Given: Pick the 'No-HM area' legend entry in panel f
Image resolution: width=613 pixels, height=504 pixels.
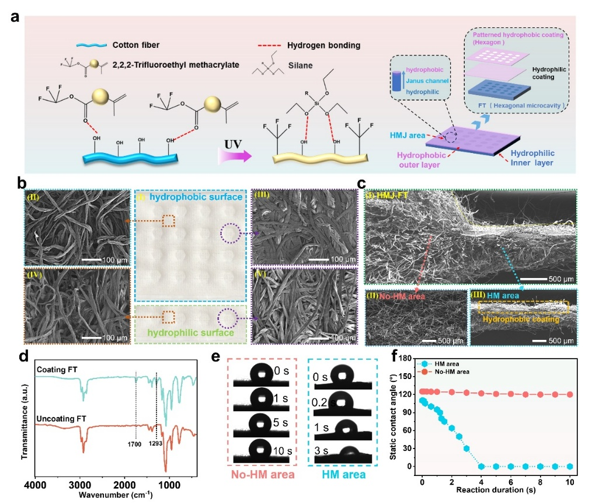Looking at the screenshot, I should point(450,371).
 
